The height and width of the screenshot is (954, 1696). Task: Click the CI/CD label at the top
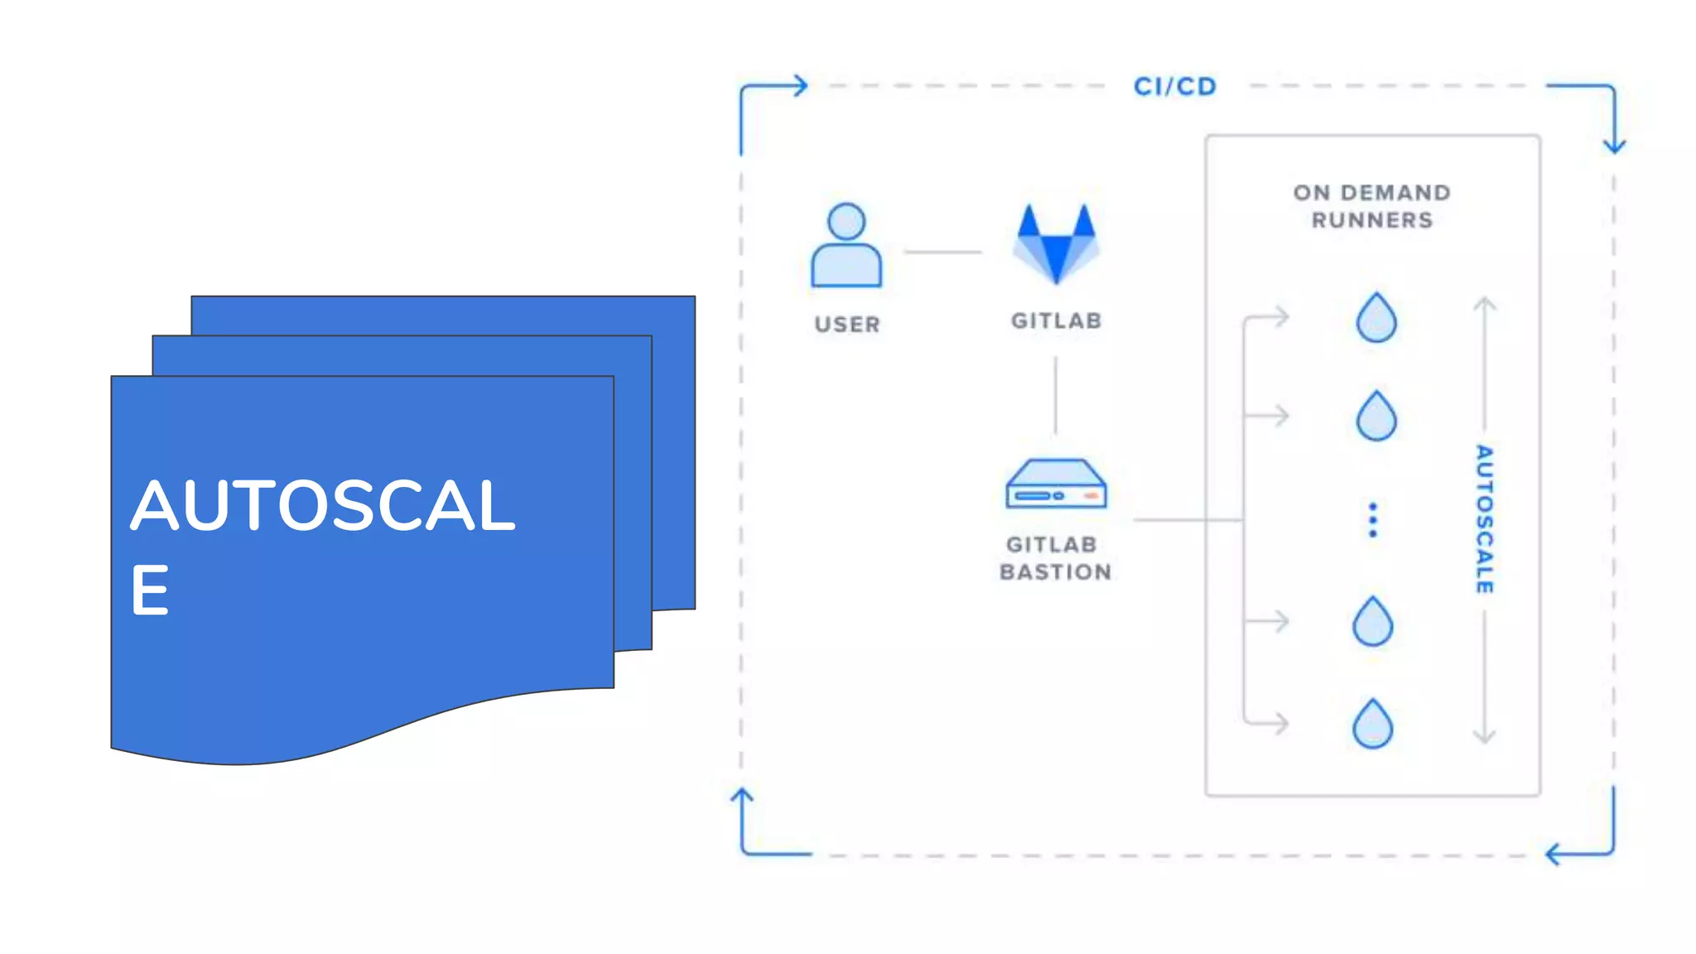pyautogui.click(x=1174, y=86)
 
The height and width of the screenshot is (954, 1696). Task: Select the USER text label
pyautogui.click(x=846, y=324)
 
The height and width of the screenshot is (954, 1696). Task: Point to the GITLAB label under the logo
pyautogui.click(x=1056, y=320)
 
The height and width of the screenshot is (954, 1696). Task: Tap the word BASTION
pyautogui.click(x=1055, y=572)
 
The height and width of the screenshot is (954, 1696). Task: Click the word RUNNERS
pyautogui.click(x=1371, y=220)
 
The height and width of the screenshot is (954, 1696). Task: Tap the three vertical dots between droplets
pyautogui.click(x=1372, y=520)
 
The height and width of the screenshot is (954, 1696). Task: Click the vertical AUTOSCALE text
pyautogui.click(x=1484, y=519)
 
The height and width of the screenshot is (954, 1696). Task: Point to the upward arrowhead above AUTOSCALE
pyautogui.click(x=1484, y=304)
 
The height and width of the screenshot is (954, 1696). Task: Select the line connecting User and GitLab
pyautogui.click(x=942, y=252)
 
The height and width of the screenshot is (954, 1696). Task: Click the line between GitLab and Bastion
pyautogui.click(x=1055, y=395)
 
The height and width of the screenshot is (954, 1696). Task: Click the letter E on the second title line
pyautogui.click(x=150, y=590)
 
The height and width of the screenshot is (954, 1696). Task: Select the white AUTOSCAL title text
pyautogui.click(x=323, y=505)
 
